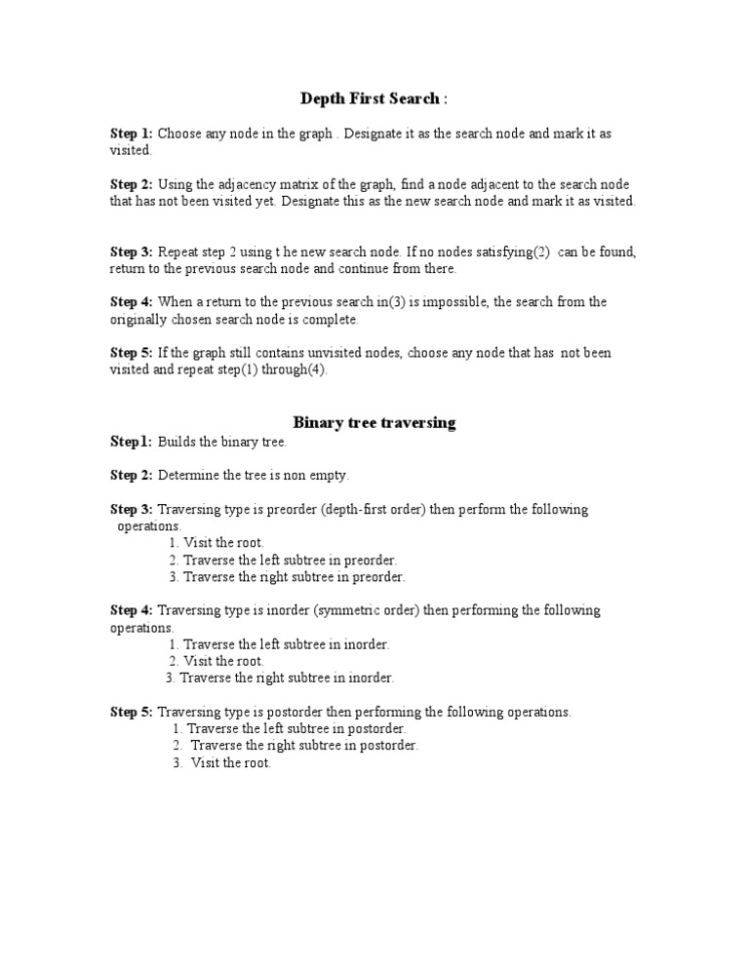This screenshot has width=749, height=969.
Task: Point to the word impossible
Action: pos(450,302)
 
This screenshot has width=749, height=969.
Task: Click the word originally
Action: pos(138,319)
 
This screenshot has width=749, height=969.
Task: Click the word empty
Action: pos(330,475)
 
